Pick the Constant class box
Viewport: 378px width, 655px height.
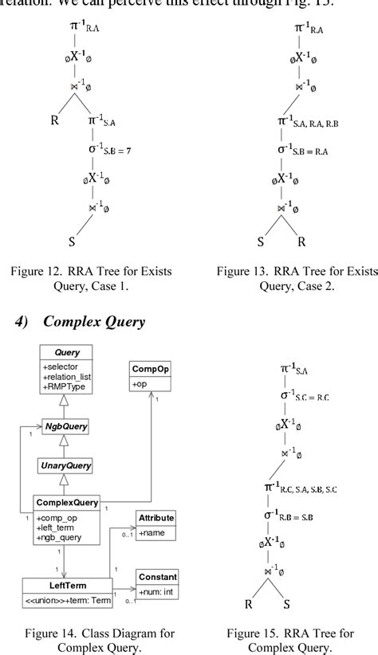click(156, 582)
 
